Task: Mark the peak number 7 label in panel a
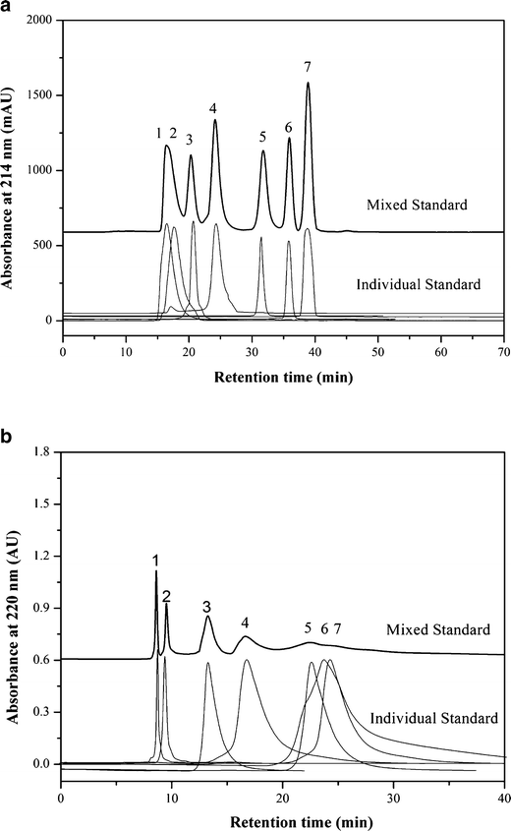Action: [x=308, y=67]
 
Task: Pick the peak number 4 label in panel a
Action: [x=213, y=106]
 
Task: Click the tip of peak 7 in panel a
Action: [x=308, y=83]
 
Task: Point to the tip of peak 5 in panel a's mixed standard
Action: [x=263, y=151]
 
